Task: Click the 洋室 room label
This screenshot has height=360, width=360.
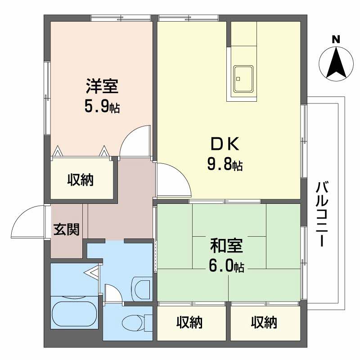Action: click(102, 86)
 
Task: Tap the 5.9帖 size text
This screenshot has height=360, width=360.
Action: click(102, 106)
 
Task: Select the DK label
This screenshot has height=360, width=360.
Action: click(225, 144)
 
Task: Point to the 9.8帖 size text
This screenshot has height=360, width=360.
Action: click(225, 164)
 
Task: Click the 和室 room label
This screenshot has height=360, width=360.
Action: click(226, 246)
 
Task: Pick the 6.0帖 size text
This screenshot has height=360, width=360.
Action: click(226, 265)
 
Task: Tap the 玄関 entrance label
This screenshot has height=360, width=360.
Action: click(66, 229)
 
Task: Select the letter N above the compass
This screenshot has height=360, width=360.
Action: click(336, 40)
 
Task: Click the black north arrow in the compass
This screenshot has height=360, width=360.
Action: click(336, 63)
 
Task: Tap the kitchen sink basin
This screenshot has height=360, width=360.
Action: click(243, 79)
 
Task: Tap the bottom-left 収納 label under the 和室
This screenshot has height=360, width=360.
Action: click(189, 322)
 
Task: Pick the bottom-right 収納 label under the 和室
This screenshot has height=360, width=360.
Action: click(264, 322)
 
